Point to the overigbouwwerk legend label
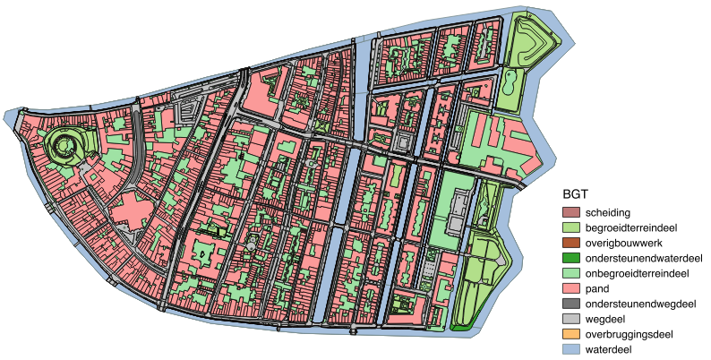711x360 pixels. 624,244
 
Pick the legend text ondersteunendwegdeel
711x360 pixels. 640,304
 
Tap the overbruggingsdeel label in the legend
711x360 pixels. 632,334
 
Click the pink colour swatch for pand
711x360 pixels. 571,288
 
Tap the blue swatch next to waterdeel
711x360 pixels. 571,349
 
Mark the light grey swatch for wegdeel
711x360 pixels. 571,319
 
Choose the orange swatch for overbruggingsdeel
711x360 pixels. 571,334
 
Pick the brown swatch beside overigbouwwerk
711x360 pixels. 571,244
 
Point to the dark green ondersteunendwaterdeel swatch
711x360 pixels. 571,258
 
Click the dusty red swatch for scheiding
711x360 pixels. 571,213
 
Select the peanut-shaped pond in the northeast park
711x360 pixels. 508,85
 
